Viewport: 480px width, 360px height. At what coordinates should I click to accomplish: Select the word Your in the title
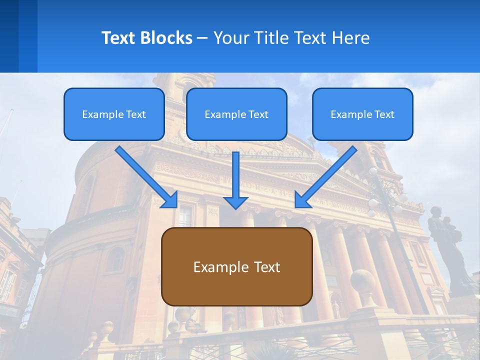[x=231, y=38]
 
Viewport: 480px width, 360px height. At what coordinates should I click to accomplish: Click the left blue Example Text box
[x=114, y=114]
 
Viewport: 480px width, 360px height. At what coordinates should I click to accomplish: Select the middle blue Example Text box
[x=236, y=114]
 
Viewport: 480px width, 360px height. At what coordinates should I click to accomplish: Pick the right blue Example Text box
[x=362, y=114]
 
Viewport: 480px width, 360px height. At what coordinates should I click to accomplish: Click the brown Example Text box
[x=236, y=266]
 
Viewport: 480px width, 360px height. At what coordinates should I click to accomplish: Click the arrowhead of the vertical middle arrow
[x=235, y=202]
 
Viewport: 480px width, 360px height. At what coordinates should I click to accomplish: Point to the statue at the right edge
[x=450, y=245]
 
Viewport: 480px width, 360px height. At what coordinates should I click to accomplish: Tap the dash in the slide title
[x=202, y=38]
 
